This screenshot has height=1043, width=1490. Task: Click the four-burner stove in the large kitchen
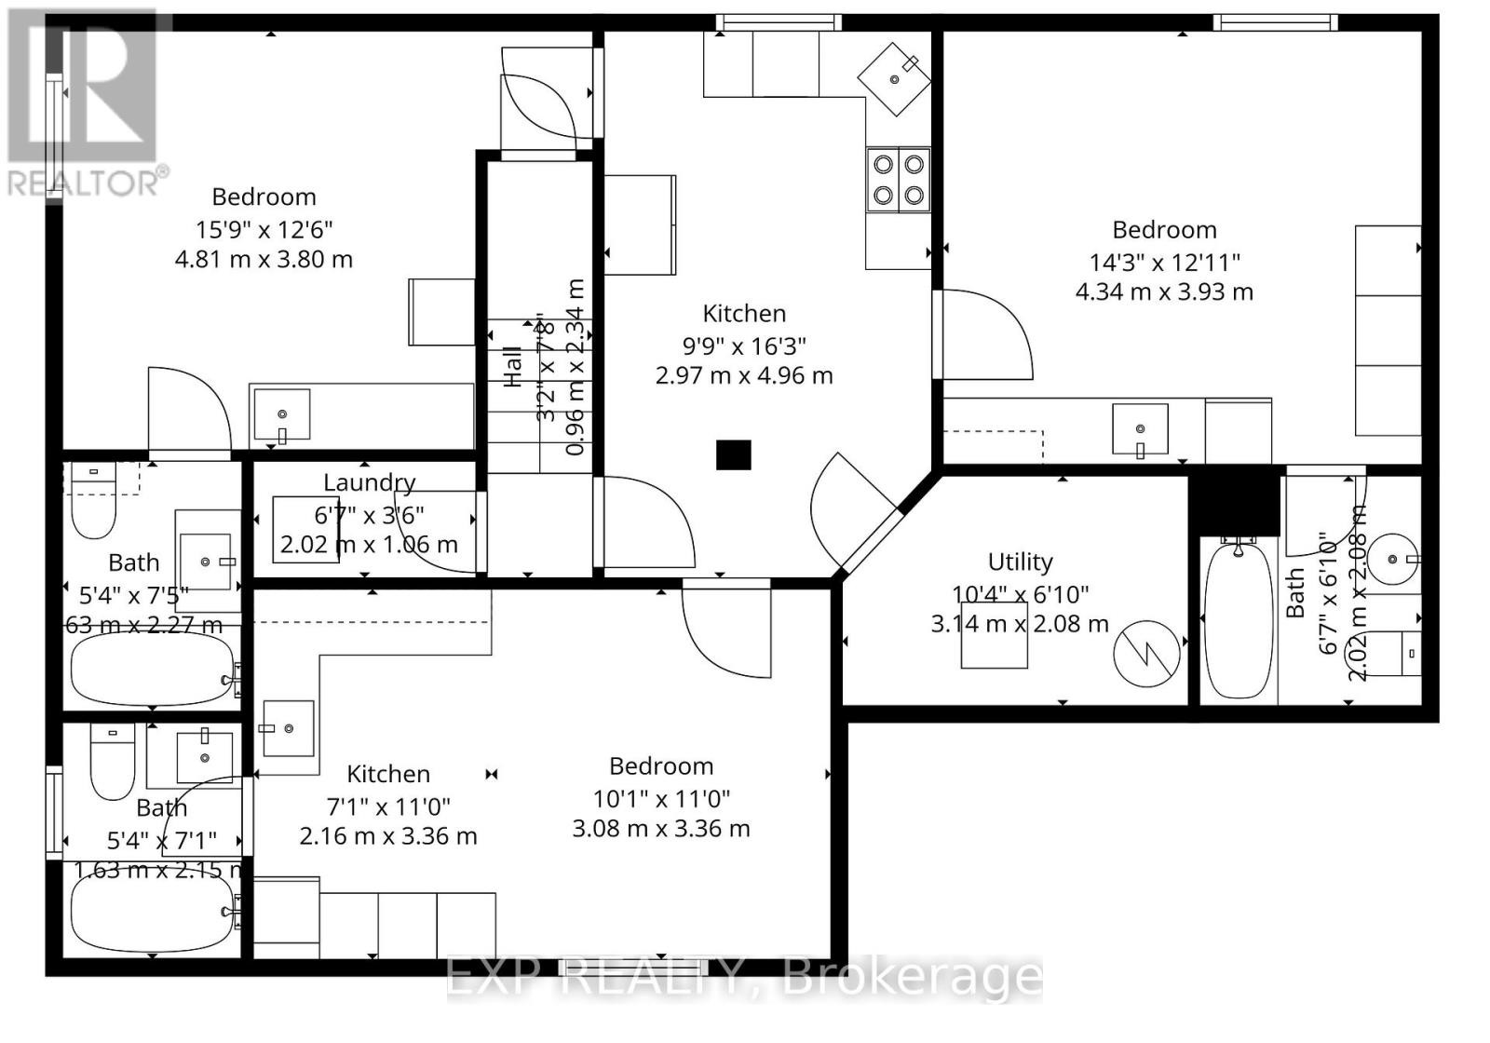(x=899, y=180)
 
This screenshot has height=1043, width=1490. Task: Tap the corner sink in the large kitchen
(x=895, y=78)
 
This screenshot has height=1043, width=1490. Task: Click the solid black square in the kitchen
(x=733, y=454)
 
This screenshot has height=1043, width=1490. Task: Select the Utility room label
(x=1020, y=562)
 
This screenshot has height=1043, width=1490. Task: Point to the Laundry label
(x=369, y=482)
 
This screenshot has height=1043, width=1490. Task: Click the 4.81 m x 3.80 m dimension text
(x=264, y=259)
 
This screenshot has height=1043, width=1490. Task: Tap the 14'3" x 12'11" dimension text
(x=1164, y=262)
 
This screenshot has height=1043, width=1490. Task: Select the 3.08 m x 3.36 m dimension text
(x=660, y=828)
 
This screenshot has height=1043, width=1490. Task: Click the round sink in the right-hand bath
(x=1394, y=559)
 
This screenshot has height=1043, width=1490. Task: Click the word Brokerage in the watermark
(x=913, y=977)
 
